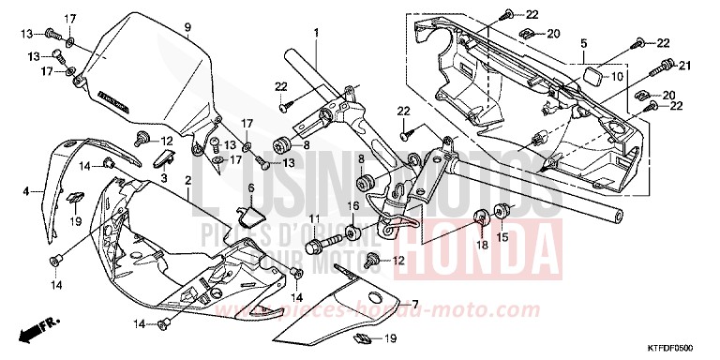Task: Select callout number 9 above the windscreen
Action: point(187,27)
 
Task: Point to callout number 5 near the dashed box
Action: point(583,43)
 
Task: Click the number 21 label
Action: point(683,65)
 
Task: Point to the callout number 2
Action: point(188,180)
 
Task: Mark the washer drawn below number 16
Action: point(353,231)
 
